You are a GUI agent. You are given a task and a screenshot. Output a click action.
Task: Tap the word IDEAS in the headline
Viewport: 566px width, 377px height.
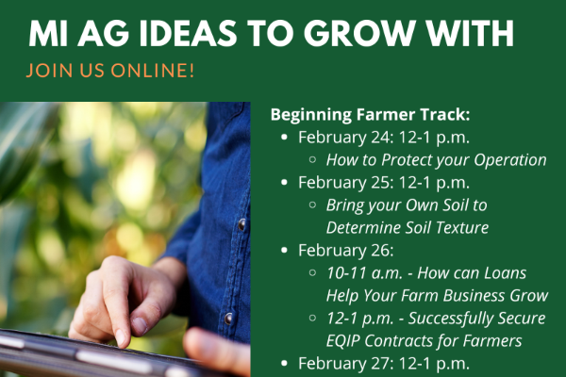point(188,34)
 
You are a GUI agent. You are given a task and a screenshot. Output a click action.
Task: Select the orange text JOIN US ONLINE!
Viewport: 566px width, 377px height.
point(110,71)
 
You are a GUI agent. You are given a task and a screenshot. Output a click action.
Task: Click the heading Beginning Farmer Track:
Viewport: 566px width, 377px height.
point(371,115)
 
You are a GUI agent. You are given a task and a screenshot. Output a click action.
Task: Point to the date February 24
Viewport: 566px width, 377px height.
point(345,138)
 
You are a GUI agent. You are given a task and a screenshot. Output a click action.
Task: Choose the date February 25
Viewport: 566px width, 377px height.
point(345,183)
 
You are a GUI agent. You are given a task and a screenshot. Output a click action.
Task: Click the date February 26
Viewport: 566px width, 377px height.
point(345,251)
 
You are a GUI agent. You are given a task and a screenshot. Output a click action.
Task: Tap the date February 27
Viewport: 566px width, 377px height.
point(345,363)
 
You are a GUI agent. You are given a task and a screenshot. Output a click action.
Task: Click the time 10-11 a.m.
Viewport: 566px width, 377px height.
point(364,273)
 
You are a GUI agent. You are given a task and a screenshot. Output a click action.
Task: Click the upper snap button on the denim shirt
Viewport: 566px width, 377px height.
point(241,224)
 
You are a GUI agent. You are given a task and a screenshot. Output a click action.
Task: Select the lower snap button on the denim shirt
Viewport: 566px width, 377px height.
point(228,319)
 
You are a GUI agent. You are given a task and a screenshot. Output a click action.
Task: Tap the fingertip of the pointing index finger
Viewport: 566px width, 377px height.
point(121,340)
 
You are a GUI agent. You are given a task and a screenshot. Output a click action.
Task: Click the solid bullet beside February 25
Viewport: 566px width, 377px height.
point(284,183)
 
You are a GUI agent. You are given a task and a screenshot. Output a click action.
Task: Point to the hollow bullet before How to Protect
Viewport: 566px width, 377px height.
point(312,159)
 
